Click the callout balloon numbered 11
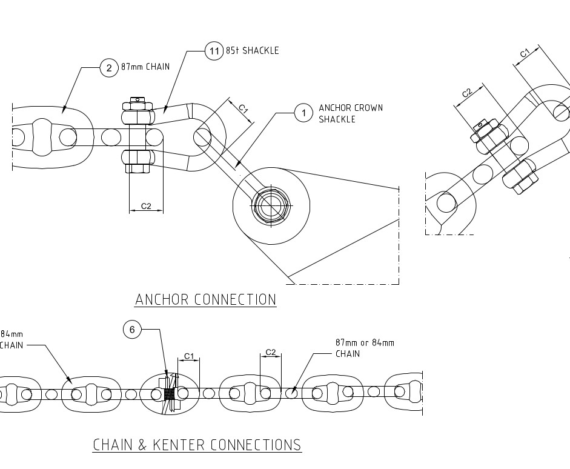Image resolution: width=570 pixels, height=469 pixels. (x=214, y=51)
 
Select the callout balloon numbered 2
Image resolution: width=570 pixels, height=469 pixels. (x=109, y=68)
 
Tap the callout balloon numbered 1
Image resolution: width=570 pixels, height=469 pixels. (x=303, y=113)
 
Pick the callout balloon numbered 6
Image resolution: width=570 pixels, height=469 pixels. (x=132, y=330)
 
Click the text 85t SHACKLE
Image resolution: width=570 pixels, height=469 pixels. (x=252, y=50)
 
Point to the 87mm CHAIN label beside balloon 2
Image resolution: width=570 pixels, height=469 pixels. (x=145, y=67)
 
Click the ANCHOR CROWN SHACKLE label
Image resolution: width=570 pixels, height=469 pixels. (x=351, y=113)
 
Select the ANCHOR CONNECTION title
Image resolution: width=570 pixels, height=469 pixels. (x=205, y=299)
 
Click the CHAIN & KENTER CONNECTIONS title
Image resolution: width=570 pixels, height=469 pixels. (x=197, y=445)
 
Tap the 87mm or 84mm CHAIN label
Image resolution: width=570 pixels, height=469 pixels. (x=365, y=348)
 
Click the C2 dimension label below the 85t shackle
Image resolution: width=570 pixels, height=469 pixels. (x=146, y=206)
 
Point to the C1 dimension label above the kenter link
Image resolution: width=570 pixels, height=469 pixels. (x=189, y=356)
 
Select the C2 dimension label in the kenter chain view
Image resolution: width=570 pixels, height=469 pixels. (x=271, y=352)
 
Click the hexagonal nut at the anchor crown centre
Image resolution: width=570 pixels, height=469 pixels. (x=271, y=205)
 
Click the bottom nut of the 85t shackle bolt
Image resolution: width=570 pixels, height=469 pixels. (x=138, y=161)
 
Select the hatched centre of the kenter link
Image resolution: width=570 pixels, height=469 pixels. (x=168, y=394)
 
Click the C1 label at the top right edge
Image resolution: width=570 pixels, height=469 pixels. (x=525, y=53)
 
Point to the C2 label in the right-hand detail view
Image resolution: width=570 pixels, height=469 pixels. (x=467, y=92)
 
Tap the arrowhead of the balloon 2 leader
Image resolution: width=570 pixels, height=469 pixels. (x=64, y=108)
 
